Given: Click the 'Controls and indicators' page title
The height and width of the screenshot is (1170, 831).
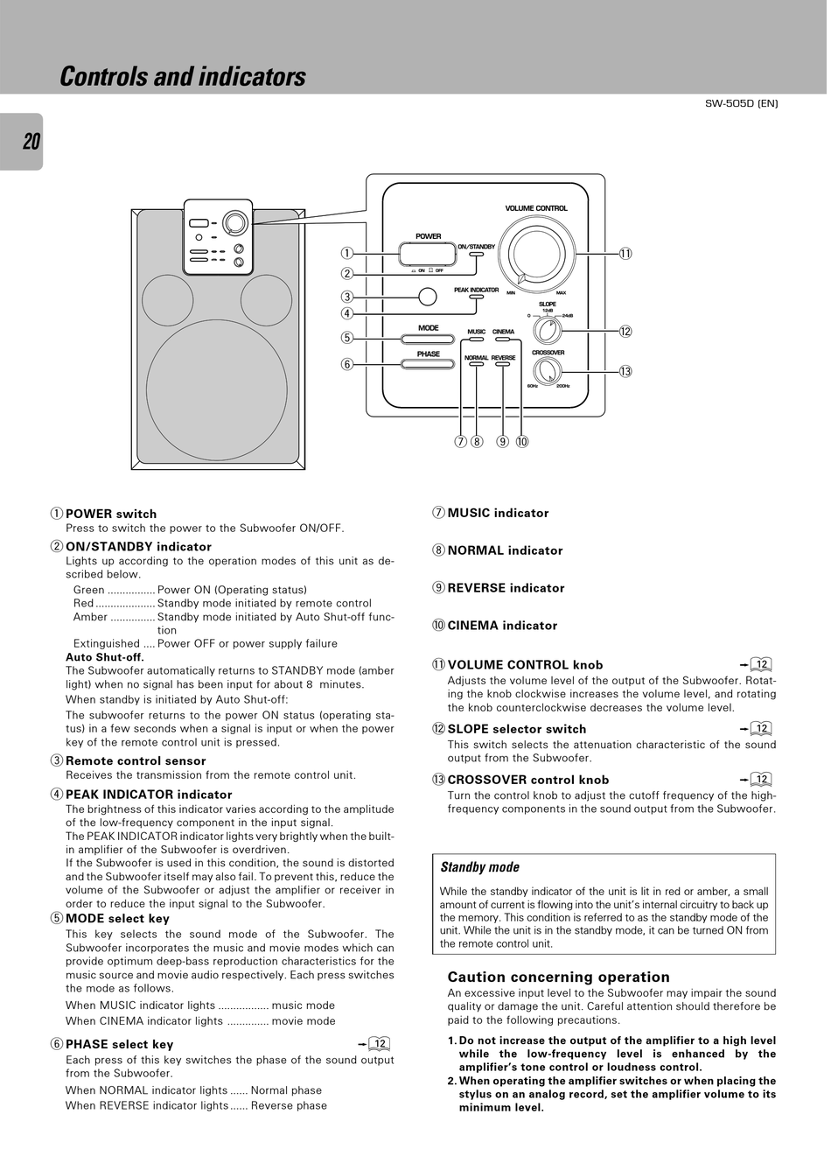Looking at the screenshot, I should pyautogui.click(x=183, y=77).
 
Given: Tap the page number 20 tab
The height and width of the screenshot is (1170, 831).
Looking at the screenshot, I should pyautogui.click(x=31, y=142).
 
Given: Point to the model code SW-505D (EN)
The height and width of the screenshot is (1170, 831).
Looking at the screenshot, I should pyautogui.click(x=741, y=103).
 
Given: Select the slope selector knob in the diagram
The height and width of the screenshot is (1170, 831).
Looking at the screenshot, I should pyautogui.click(x=548, y=331).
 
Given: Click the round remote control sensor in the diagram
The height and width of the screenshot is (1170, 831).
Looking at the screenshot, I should pyautogui.click(x=427, y=297).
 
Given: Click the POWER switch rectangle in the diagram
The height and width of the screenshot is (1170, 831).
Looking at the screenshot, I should pyautogui.click(x=428, y=254).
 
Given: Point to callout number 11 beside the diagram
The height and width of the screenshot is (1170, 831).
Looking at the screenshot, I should pyautogui.click(x=625, y=254).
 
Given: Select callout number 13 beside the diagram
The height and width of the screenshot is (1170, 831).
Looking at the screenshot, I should pyautogui.click(x=625, y=371).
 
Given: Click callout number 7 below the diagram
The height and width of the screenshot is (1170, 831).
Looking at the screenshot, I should pyautogui.click(x=460, y=441).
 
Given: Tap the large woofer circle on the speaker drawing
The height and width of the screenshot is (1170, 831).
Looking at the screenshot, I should pyautogui.click(x=216, y=390).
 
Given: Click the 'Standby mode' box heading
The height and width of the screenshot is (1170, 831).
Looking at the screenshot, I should pyautogui.click(x=479, y=867).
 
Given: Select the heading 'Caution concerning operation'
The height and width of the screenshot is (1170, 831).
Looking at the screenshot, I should pyautogui.click(x=558, y=977).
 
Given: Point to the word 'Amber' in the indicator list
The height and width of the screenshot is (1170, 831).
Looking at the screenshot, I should pyautogui.click(x=90, y=617).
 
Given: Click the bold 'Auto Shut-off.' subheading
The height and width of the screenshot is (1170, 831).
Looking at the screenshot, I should pyautogui.click(x=105, y=657).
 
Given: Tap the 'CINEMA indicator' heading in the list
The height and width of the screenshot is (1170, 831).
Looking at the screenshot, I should pyautogui.click(x=502, y=626).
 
